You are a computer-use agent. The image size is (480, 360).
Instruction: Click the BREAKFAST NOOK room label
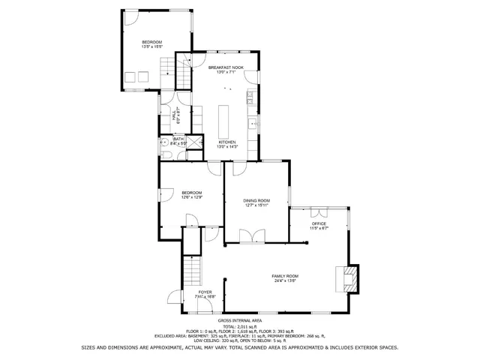226,67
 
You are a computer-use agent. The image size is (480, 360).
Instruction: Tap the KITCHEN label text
227,142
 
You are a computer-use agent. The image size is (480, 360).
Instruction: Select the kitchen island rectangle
223,118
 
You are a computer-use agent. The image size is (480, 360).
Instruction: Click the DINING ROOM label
256,200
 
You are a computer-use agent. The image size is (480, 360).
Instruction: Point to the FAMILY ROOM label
285,276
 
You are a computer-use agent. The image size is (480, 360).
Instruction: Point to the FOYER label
205,292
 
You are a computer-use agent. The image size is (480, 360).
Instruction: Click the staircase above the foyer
193,268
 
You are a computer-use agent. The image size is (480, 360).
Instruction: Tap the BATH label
178,138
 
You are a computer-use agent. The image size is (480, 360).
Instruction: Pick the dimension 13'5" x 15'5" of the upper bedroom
152,47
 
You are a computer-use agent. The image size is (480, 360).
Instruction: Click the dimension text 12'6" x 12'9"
192,197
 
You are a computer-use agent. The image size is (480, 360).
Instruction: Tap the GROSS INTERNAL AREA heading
239,320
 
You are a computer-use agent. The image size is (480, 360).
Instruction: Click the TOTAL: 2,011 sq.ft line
239,326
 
